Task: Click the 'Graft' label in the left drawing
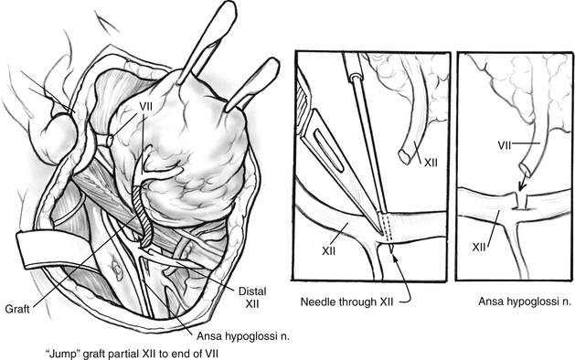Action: pyautogui.click(x=17, y=309)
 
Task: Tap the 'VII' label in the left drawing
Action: pyautogui.click(x=145, y=107)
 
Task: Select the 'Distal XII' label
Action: pyautogui.click(x=252, y=297)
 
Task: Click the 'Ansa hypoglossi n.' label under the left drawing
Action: pyautogui.click(x=243, y=336)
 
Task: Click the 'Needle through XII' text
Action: pyautogui.click(x=346, y=302)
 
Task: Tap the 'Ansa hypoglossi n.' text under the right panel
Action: pyautogui.click(x=525, y=302)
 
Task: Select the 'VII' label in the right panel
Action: pyautogui.click(x=505, y=145)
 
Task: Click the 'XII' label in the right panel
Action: pyautogui.click(x=479, y=247)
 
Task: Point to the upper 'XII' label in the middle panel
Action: pyautogui.click(x=431, y=163)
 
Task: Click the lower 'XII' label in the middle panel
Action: pyautogui.click(x=329, y=250)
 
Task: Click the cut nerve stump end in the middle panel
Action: pyautogui.click(x=404, y=157)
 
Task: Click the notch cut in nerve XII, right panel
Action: pyautogui.click(x=520, y=201)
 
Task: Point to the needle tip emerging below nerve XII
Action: pyautogui.click(x=392, y=249)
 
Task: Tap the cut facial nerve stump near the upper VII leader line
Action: pyautogui.click(x=109, y=140)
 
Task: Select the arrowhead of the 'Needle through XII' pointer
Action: pyautogui.click(x=396, y=256)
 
